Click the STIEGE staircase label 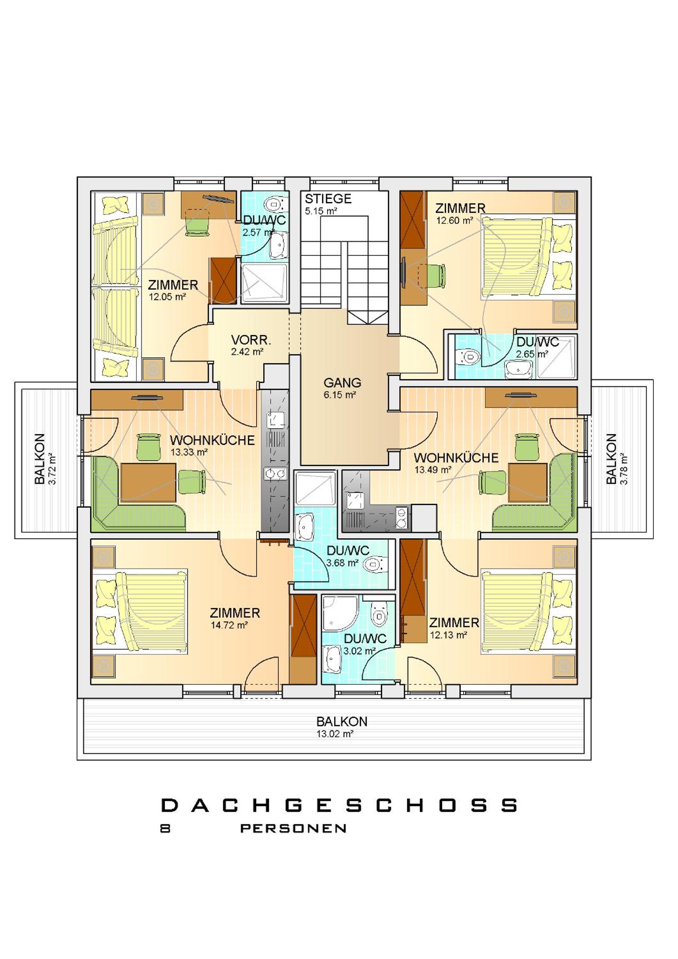pos(328,199)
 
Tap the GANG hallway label pos(342,383)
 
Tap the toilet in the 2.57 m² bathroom pos(275,203)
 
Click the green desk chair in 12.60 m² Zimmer pos(437,276)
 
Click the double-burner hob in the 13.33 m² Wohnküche pos(275,473)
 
